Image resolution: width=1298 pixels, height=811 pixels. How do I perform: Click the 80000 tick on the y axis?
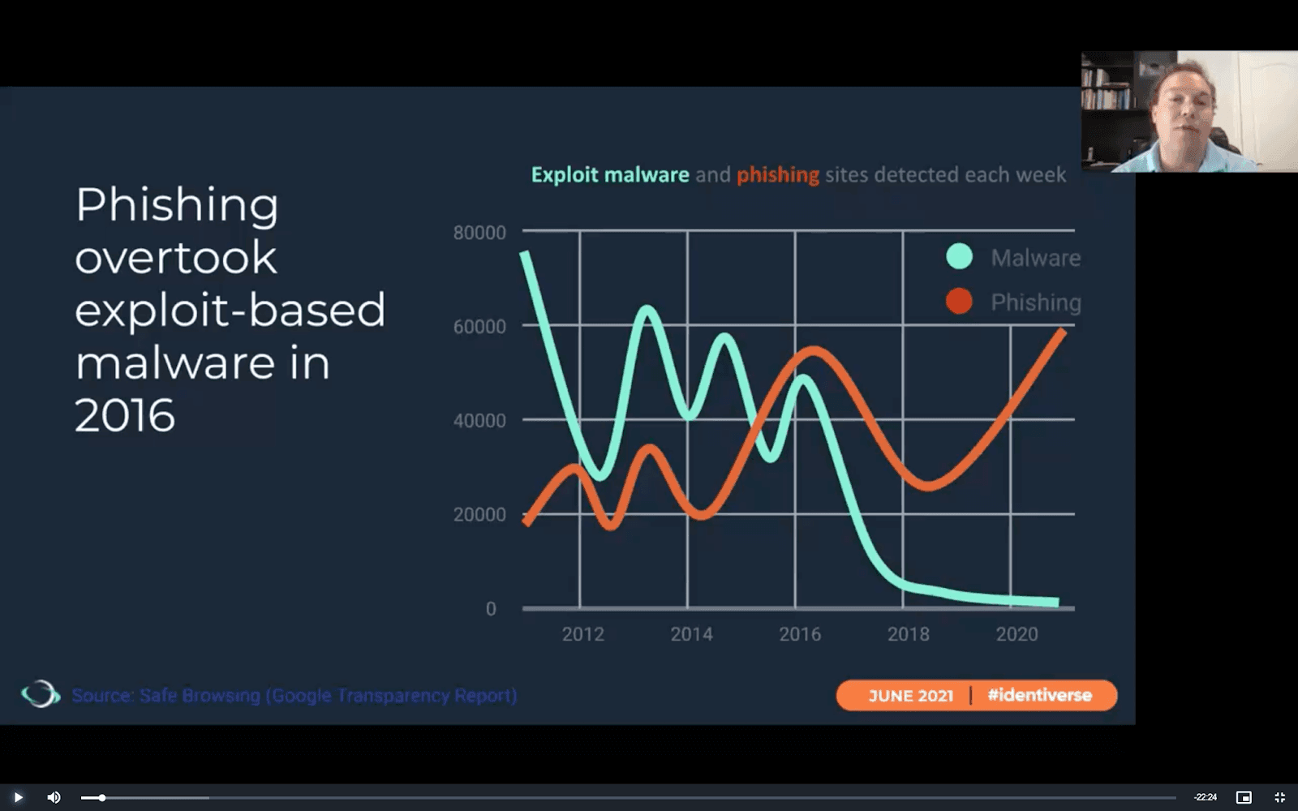479,233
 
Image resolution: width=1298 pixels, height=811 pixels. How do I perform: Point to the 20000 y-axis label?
479,515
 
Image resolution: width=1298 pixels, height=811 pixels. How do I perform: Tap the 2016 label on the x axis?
800,634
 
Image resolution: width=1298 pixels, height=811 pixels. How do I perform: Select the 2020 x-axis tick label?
1016,634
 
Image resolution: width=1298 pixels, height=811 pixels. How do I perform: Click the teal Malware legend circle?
959,257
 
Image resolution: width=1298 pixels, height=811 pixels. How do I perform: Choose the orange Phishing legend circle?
959,302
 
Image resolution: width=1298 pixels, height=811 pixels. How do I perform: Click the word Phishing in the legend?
1035,303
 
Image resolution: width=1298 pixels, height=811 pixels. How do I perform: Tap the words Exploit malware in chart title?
610,175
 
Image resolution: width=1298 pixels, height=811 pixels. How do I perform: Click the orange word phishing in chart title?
777,175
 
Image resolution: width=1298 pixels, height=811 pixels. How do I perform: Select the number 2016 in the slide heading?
125,416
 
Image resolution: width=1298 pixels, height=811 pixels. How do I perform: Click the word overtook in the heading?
176,258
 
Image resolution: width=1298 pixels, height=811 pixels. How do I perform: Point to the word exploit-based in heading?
230,311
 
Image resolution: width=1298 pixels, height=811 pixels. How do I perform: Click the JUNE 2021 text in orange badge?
910,696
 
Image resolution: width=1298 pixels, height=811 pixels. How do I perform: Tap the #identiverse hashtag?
1039,695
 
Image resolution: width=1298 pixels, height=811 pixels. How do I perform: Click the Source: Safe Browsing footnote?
294,696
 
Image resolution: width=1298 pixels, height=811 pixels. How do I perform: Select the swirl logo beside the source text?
40,694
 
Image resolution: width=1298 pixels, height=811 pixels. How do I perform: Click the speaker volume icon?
54,797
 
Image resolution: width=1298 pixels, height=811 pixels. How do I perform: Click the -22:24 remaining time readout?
1205,797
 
